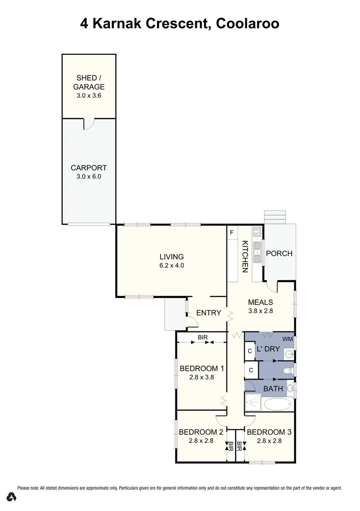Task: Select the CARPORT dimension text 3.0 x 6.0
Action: pos(88,176)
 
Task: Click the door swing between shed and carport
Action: pos(89,123)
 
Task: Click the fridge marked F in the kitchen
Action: pos(232,233)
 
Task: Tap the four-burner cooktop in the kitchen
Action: pos(257,232)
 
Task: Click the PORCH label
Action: pos(279,253)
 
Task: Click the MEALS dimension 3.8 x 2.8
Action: pos(260,311)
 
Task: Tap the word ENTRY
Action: pos(209,313)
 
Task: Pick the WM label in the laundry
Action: pos(287,339)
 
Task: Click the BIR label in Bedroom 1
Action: pos(202,338)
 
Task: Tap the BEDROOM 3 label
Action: pos(269,431)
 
